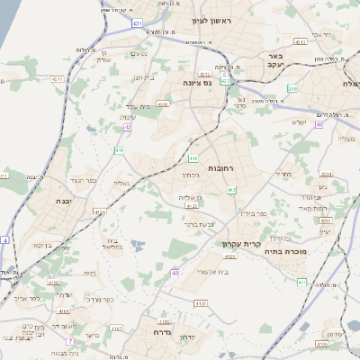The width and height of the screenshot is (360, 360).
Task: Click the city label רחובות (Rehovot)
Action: (220, 168)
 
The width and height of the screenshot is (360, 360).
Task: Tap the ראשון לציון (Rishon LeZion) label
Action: (211, 20)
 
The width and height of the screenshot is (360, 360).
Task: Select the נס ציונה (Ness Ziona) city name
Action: (197, 83)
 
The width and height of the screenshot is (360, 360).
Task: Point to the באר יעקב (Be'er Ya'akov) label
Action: (275, 60)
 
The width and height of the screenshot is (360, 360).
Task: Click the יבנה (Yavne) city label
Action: (65, 202)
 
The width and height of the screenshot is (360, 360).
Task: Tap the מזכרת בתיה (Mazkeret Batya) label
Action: (300, 252)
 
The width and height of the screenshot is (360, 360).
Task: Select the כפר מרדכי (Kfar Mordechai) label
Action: (101, 300)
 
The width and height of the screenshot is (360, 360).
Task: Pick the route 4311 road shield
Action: (58, 79)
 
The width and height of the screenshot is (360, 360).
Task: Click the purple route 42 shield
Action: (129, 127)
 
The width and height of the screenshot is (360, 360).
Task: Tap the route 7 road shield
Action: (69, 342)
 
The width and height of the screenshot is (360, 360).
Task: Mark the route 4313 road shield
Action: (205, 75)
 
